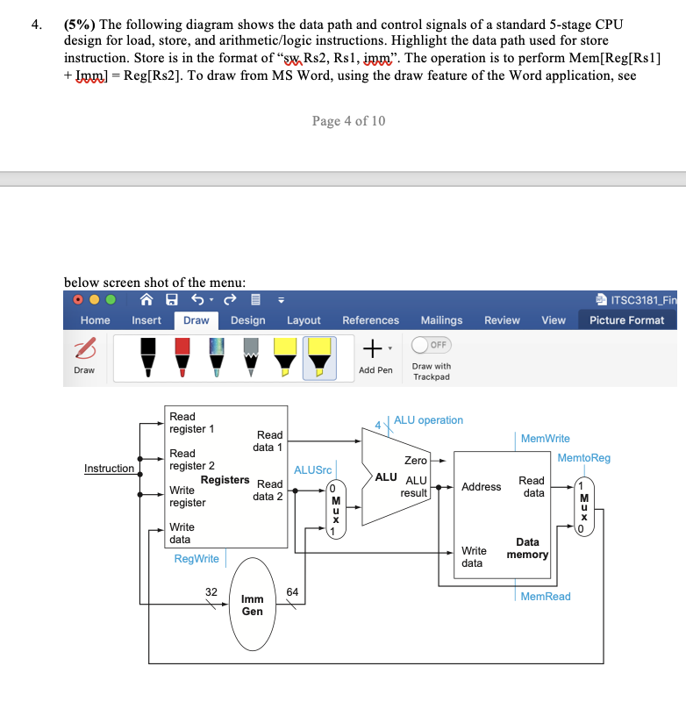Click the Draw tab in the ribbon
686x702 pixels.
click(x=196, y=320)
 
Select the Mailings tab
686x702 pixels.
click(x=441, y=320)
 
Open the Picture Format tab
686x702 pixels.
click(x=626, y=320)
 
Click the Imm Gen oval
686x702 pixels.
click(x=252, y=605)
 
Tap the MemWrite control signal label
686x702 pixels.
click(x=545, y=438)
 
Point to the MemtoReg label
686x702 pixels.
click(x=583, y=458)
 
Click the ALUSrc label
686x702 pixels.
click(x=311, y=470)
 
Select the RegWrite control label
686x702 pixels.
click(x=197, y=558)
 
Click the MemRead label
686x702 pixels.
click(x=545, y=597)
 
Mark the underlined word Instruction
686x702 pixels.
click(x=109, y=469)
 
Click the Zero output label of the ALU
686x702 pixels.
click(x=415, y=460)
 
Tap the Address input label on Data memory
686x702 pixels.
click(x=481, y=487)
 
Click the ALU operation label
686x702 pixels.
click(x=428, y=420)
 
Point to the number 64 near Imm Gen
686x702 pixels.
click(x=292, y=592)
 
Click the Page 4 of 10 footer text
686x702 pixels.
click(x=348, y=121)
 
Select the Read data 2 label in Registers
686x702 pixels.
click(x=268, y=491)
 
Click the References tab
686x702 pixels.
click(x=370, y=320)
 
